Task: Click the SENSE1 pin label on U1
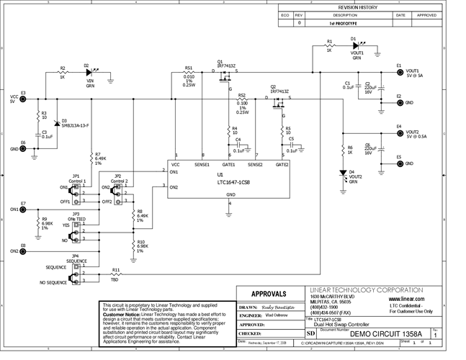pyautogui.click(x=203, y=164)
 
